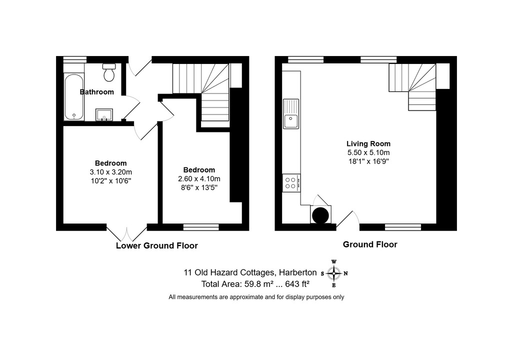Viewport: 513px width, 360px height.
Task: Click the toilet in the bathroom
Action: point(109,72)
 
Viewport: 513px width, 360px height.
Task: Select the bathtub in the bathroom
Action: point(74,97)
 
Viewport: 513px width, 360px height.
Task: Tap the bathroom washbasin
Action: point(104,114)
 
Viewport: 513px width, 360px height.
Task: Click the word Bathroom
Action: point(97,92)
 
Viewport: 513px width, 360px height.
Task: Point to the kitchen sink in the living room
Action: point(291,114)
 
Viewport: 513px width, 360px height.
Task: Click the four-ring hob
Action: point(291,183)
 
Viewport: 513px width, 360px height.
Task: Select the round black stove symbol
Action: point(320,215)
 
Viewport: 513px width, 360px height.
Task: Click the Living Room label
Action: point(368,143)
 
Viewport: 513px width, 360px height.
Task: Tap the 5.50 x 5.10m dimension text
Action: point(368,152)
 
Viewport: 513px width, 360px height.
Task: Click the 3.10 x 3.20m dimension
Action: point(111,172)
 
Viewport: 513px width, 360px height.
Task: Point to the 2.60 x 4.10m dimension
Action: point(199,179)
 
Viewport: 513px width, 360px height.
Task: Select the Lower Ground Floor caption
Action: point(157,246)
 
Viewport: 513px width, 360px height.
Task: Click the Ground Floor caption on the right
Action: point(370,244)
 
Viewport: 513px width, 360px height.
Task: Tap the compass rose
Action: point(333,273)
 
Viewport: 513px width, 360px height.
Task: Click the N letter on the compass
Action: point(346,273)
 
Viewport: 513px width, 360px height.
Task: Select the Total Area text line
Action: point(255,284)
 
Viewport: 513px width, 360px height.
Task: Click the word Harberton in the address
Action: point(297,272)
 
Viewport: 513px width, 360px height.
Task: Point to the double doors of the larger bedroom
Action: point(127,233)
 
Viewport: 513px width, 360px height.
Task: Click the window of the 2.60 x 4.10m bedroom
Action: point(201,227)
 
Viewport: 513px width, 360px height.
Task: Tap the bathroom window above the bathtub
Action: point(75,59)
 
